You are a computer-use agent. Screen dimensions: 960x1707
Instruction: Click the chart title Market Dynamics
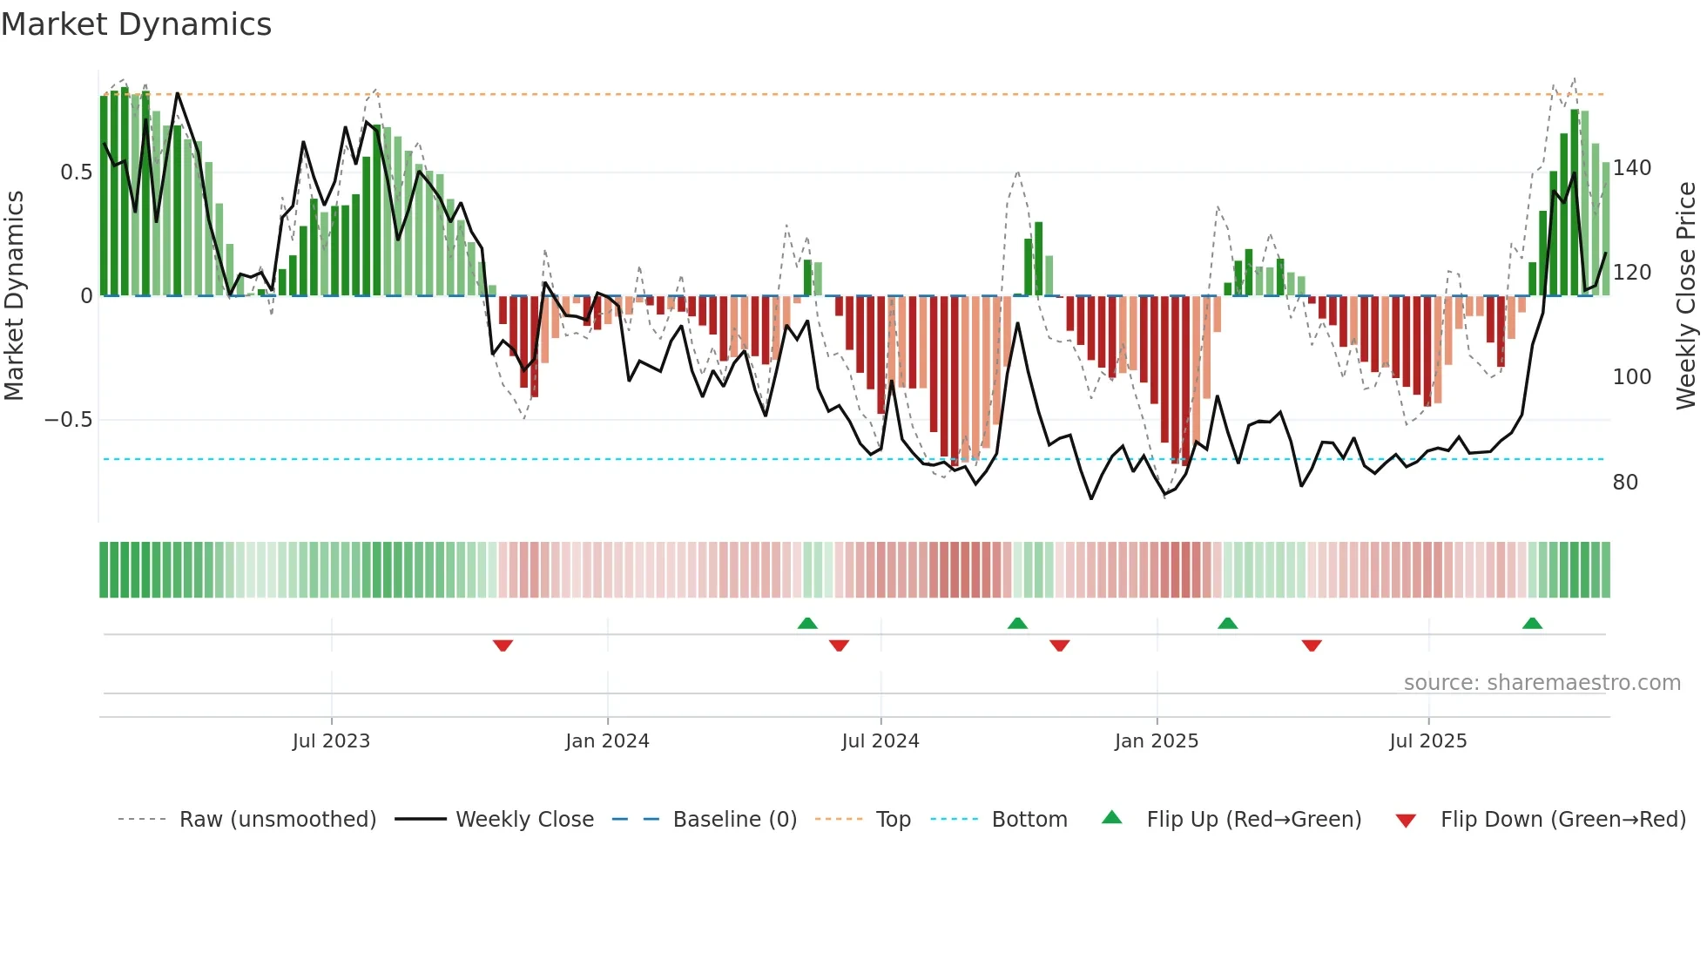pyautogui.click(x=136, y=24)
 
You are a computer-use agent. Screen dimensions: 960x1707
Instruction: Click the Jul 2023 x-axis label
pyautogui.click(x=331, y=741)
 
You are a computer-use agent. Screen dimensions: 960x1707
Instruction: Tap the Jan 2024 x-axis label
pyautogui.click(x=607, y=741)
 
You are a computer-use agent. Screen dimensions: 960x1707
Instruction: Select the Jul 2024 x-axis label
pyautogui.click(x=880, y=741)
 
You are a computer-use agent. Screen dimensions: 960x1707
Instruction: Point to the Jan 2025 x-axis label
pyautogui.click(x=1156, y=741)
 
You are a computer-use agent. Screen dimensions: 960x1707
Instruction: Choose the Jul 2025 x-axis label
pyautogui.click(x=1427, y=741)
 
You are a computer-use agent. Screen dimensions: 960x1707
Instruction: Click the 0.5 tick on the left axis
pyautogui.click(x=76, y=172)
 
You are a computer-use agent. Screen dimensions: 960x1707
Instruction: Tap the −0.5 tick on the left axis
pyautogui.click(x=68, y=420)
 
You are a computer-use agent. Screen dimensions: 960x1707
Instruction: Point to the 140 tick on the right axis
pyautogui.click(x=1631, y=168)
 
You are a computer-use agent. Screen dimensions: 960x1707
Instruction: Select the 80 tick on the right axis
pyautogui.click(x=1624, y=483)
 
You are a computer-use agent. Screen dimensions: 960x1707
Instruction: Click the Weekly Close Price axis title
pyautogui.click(x=1686, y=296)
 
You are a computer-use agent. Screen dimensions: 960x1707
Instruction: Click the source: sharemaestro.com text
pyautogui.click(x=1542, y=683)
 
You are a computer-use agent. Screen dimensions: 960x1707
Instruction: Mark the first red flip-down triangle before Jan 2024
pyautogui.click(x=503, y=646)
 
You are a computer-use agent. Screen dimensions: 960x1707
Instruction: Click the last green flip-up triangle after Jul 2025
pyautogui.click(x=1532, y=624)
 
